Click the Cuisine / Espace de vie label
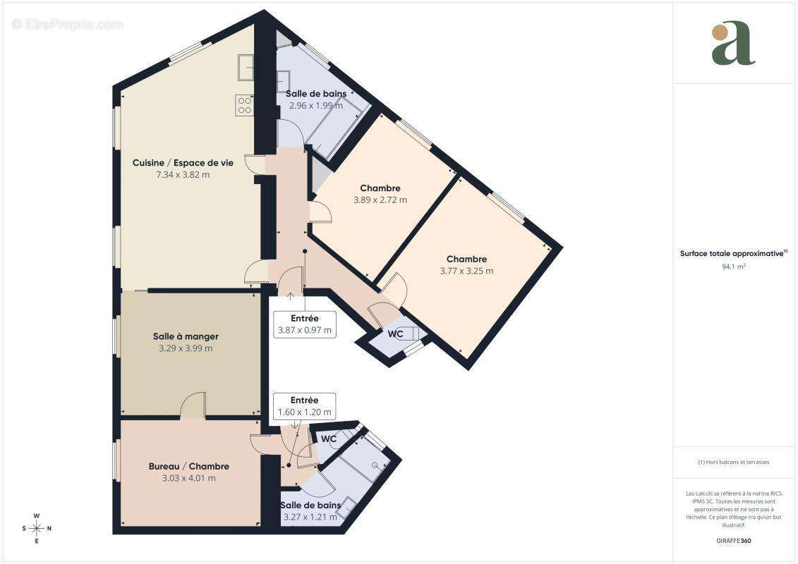pyautogui.click(x=182, y=163)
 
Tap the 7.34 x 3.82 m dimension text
pyautogui.click(x=182, y=175)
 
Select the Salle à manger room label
pyautogui.click(x=186, y=336)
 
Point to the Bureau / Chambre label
pyautogui.click(x=188, y=466)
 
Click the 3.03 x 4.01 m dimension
pyautogui.click(x=188, y=478)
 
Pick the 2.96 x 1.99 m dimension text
pyautogui.click(x=315, y=106)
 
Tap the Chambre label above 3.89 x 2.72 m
pyautogui.click(x=380, y=188)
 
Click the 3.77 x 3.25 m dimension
pyautogui.click(x=466, y=271)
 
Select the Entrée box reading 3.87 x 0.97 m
pyautogui.click(x=304, y=324)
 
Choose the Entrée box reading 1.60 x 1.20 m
pyautogui.click(x=304, y=406)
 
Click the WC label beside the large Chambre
pyautogui.click(x=395, y=333)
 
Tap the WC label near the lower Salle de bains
pyautogui.click(x=329, y=439)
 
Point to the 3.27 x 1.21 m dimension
pyautogui.click(x=310, y=517)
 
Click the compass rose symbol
pyautogui.click(x=37, y=527)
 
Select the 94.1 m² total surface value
pyautogui.click(x=733, y=267)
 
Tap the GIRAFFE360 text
pyautogui.click(x=733, y=541)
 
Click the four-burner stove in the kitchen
pyautogui.click(x=244, y=105)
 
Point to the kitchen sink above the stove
pyautogui.click(x=246, y=68)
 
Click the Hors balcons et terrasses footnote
pyautogui.click(x=734, y=462)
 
